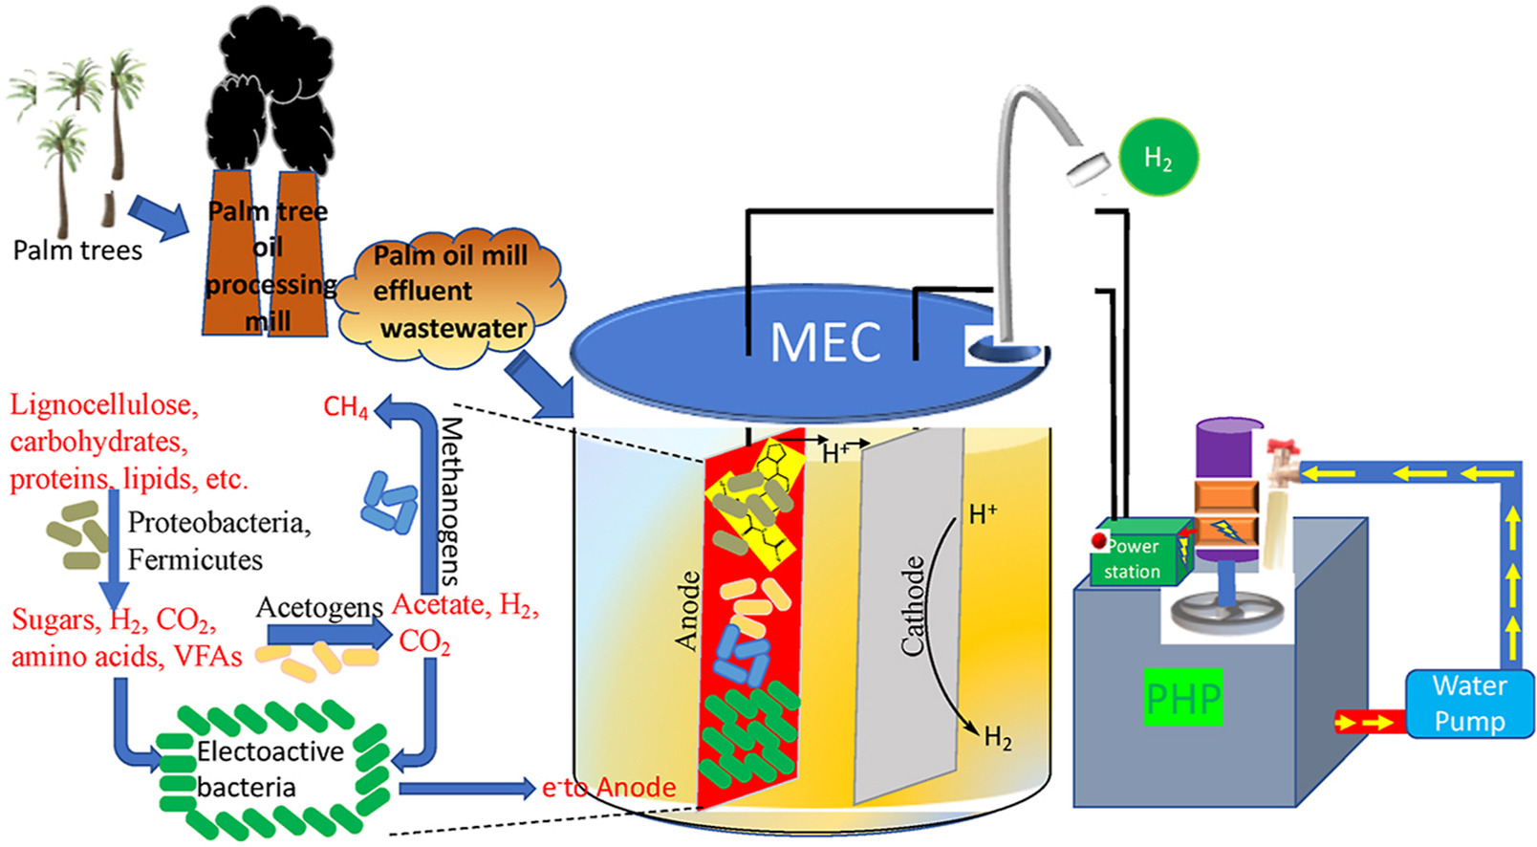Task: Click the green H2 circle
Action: [1158, 158]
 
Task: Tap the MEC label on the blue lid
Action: [825, 342]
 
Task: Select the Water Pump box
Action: [1469, 704]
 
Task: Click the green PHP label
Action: [1183, 699]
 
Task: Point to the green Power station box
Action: [1137, 556]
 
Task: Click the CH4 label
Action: [345, 408]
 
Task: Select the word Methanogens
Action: [450, 501]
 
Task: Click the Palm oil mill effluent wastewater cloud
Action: [449, 293]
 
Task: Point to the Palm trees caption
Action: [77, 250]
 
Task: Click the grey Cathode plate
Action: [908, 612]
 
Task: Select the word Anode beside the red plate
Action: [686, 612]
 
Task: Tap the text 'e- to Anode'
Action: [609, 788]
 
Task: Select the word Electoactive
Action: [270, 751]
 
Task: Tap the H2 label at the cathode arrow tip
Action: [998, 737]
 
